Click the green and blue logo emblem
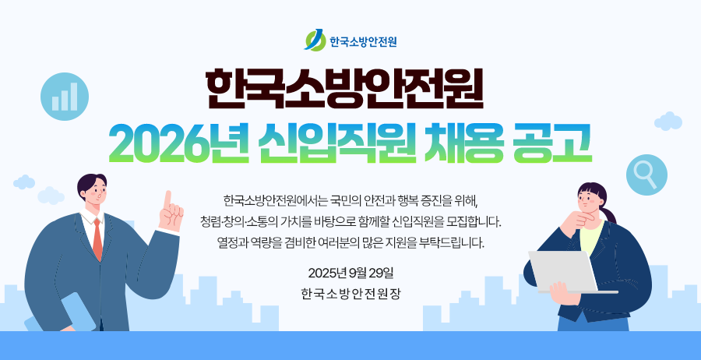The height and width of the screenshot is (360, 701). click(x=315, y=40)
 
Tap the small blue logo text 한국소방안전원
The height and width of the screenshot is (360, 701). click(x=364, y=41)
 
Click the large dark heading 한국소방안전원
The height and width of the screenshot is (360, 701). click(x=345, y=89)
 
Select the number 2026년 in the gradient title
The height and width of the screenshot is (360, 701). click(x=179, y=143)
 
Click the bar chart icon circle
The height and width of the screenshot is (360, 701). click(x=65, y=97)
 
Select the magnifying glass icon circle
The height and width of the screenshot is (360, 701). click(x=646, y=175)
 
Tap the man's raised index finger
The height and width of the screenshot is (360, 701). click(x=167, y=200)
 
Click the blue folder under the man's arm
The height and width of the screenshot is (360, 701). click(x=62, y=313)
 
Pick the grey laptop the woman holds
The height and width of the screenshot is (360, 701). click(x=567, y=272)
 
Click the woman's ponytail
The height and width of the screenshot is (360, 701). click(x=608, y=214)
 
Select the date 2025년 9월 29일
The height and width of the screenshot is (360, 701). click(x=350, y=272)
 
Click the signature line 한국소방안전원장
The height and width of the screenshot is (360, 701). click(x=351, y=295)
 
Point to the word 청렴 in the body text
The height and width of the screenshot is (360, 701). click(x=210, y=221)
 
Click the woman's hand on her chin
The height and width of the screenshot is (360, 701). click(x=576, y=220)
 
